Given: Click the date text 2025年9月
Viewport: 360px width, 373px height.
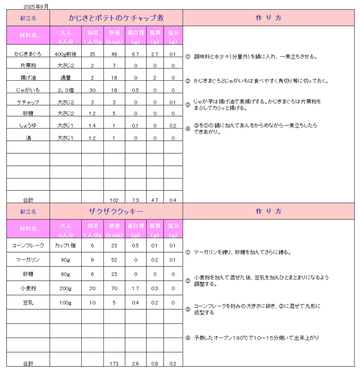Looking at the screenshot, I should tap(36, 7).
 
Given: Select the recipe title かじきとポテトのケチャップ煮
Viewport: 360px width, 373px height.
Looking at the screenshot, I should tap(116, 18).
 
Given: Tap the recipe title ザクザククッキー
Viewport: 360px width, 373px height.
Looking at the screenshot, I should tap(116, 211).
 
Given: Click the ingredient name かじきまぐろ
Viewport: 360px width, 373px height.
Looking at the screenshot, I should tap(28, 54).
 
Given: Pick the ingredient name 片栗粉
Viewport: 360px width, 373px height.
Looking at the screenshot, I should tap(28, 66).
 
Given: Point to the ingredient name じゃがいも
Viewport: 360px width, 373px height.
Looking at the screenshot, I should tap(28, 90).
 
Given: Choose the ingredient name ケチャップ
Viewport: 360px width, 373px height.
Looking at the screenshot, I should tap(28, 102).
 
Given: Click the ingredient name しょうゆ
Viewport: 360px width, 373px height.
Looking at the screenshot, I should tap(28, 126).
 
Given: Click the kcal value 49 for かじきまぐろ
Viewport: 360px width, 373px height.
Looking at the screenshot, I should tap(114, 54).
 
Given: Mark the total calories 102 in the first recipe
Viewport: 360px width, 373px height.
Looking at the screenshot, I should tap(114, 200).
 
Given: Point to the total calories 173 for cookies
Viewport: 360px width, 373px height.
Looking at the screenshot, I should tap(114, 364).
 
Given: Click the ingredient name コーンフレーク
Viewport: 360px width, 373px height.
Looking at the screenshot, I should tap(28, 246).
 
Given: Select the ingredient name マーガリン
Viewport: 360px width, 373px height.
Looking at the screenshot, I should tap(28, 260).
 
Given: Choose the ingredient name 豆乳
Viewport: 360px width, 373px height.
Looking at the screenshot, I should tap(28, 303).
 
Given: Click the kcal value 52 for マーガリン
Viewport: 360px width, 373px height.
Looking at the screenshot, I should tap(114, 260).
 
